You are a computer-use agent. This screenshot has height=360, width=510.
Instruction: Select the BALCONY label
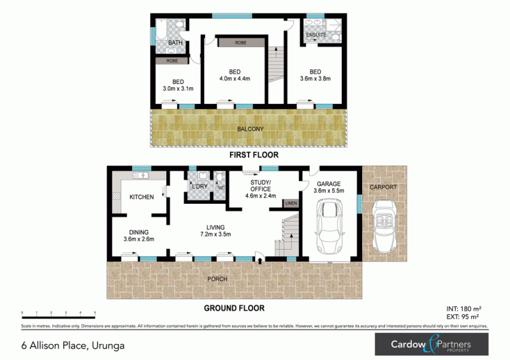point(250,129)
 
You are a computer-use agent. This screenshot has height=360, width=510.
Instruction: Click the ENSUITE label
point(317,34)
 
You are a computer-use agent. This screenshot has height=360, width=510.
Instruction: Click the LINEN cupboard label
point(291,203)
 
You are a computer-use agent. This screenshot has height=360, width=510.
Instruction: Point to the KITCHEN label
point(142,197)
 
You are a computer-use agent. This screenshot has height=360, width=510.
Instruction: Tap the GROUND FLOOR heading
point(234,308)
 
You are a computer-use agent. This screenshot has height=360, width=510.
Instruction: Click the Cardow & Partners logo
point(430,345)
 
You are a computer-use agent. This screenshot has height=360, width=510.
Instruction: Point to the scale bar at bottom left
point(59,312)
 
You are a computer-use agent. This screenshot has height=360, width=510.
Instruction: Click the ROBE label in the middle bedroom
point(240,42)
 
